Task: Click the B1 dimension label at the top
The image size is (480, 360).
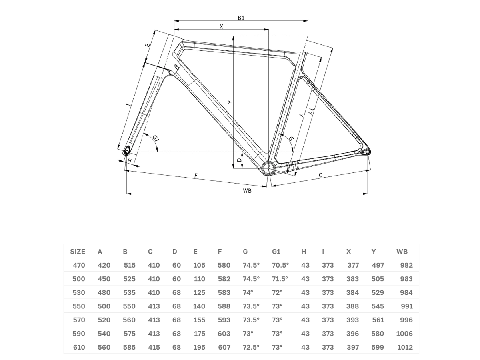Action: tap(241, 18)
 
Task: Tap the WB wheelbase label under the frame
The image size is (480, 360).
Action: tap(247, 191)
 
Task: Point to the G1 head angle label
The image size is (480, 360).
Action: tap(156, 138)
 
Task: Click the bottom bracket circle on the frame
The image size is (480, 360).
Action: tap(268, 168)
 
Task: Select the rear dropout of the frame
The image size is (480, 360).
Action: tap(367, 152)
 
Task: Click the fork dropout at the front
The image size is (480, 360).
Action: tap(127, 151)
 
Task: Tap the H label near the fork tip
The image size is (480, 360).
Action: tap(130, 161)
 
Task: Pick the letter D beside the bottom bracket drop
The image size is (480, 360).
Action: tap(240, 160)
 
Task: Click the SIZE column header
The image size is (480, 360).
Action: tap(78, 252)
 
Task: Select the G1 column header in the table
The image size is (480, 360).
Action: tap(276, 252)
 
